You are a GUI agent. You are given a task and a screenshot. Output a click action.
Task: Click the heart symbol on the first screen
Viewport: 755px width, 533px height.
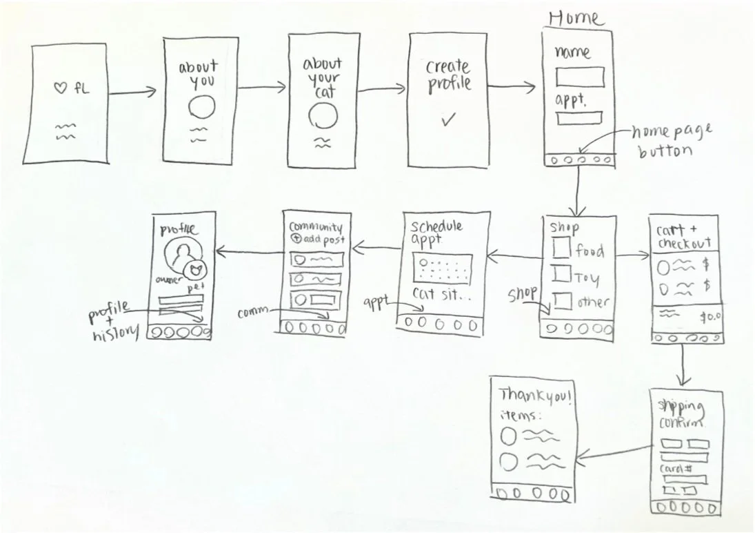(x=60, y=88)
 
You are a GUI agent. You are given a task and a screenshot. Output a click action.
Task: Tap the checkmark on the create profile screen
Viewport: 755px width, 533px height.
(x=449, y=119)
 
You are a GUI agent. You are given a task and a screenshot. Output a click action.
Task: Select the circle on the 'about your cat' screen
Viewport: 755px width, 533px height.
(x=323, y=116)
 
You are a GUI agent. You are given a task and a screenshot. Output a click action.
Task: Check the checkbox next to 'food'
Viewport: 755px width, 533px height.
(x=562, y=248)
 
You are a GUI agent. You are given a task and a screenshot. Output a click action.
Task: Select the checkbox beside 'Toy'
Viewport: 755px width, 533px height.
(x=562, y=275)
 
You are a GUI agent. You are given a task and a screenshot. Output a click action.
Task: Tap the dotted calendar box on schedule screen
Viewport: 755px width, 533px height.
(x=441, y=268)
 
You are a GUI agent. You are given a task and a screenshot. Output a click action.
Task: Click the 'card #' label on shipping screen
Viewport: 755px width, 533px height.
(x=676, y=469)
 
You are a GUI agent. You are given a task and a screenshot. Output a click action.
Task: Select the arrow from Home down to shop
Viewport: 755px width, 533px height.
(x=578, y=190)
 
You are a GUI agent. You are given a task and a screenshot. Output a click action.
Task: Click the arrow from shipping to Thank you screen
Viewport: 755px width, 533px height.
(x=615, y=452)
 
